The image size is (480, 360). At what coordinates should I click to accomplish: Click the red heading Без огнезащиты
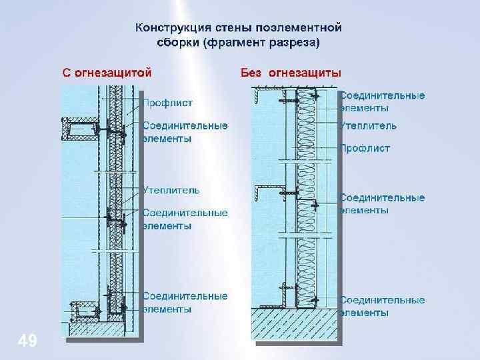291,71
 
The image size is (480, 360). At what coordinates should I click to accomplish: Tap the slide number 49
27,341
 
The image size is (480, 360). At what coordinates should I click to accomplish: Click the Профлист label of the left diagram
169,103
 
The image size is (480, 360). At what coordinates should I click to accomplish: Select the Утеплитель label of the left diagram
171,190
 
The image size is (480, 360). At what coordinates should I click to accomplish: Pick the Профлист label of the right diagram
365,148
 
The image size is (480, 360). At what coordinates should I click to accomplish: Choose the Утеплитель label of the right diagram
369,125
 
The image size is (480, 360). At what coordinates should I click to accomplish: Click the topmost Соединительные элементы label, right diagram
383,101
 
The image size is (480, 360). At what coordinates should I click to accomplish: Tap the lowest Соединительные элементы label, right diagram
383,305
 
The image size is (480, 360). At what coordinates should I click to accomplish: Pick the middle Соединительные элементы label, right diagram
383,203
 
